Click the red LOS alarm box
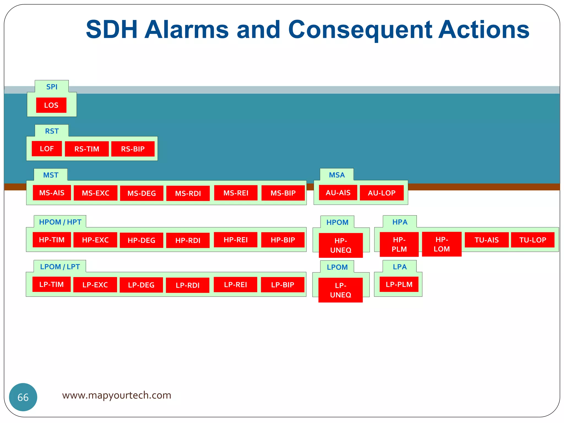click(51, 105)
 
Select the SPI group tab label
click(52, 87)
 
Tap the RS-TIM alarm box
click(87, 149)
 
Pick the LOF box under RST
click(47, 149)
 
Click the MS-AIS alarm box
click(52, 193)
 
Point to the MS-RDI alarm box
click(188, 193)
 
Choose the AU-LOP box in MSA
click(382, 193)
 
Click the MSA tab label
click(337, 175)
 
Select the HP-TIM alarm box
click(52, 240)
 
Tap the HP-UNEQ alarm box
click(341, 245)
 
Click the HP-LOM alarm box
click(442, 244)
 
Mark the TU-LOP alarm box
click(533, 240)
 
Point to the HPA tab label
click(400, 222)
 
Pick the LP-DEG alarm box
click(141, 285)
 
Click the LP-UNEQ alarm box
click(341, 290)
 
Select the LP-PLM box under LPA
click(399, 284)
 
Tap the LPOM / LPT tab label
click(60, 267)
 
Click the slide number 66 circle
click(23, 397)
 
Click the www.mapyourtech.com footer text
click(116, 395)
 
